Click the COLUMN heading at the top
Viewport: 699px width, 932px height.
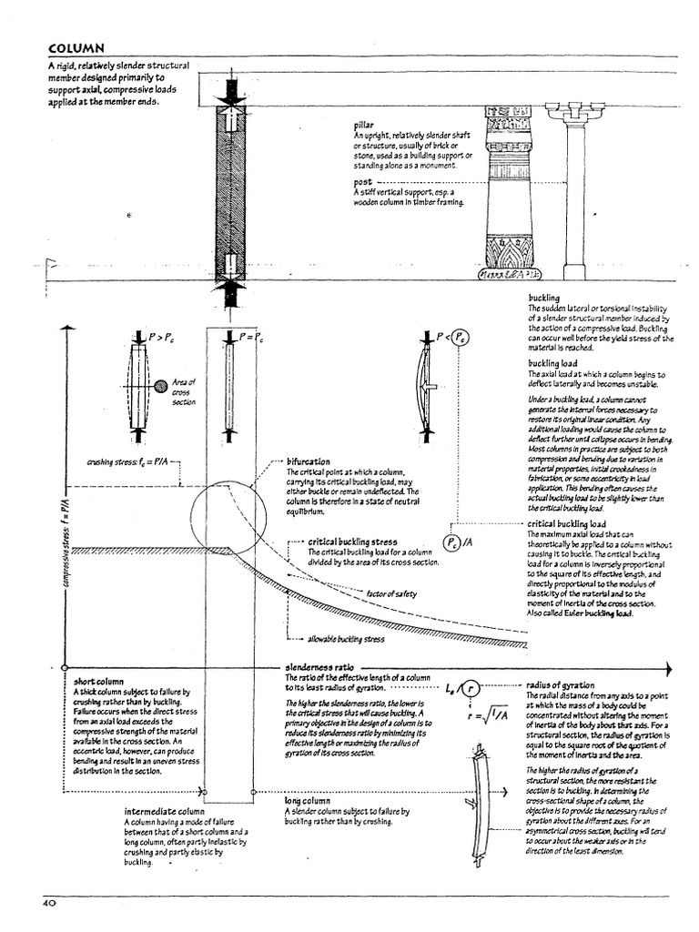[76, 48]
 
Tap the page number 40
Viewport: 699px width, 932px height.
[49, 903]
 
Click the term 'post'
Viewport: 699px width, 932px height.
[362, 183]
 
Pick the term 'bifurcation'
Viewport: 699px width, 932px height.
[308, 461]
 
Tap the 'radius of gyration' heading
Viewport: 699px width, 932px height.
[560, 684]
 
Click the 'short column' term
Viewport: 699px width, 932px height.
[97, 680]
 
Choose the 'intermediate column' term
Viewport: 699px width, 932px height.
[164, 810]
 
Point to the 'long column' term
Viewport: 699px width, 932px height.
[306, 800]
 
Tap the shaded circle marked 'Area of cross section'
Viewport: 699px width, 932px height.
[160, 386]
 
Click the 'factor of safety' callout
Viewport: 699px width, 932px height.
[391, 593]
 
